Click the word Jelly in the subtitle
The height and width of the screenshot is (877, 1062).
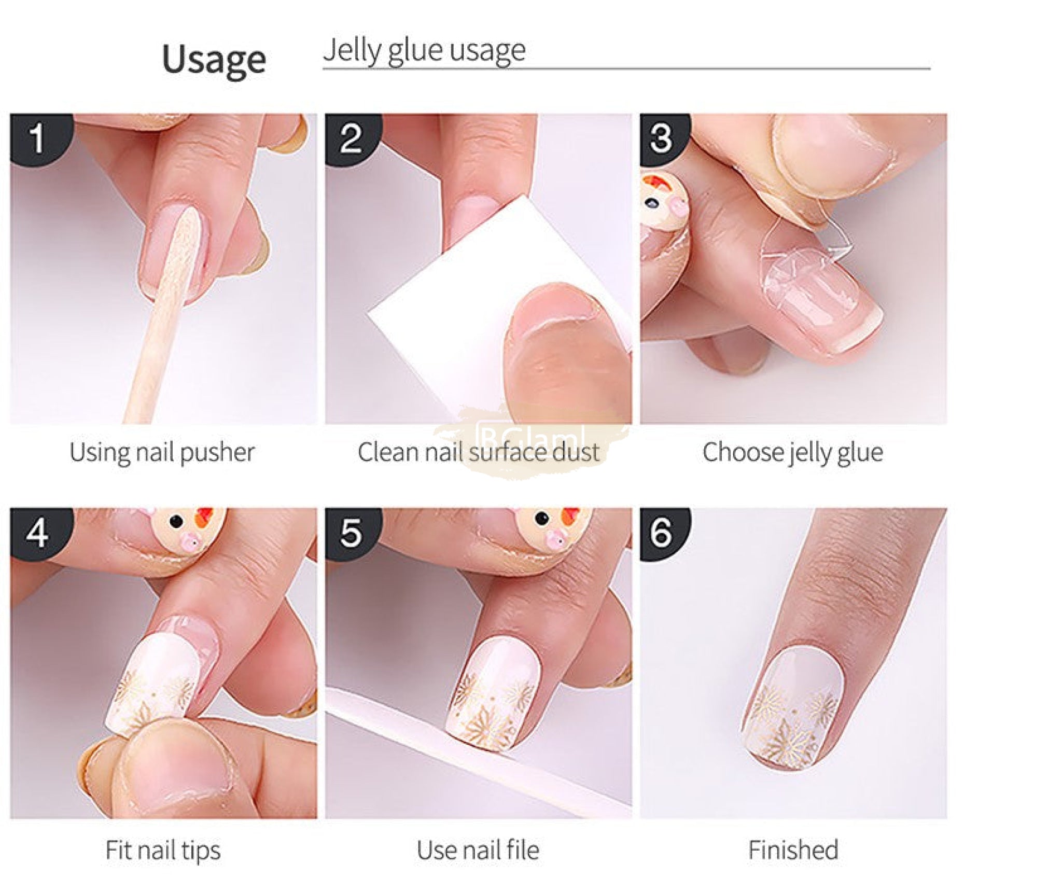[x=353, y=51]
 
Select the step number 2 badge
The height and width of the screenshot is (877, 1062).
[x=351, y=138]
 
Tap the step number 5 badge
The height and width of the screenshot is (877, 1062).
[x=351, y=533]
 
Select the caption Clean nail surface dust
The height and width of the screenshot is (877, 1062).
[x=478, y=452]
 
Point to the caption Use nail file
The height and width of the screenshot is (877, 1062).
[x=478, y=850]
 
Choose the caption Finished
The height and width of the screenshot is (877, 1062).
[x=793, y=850]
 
